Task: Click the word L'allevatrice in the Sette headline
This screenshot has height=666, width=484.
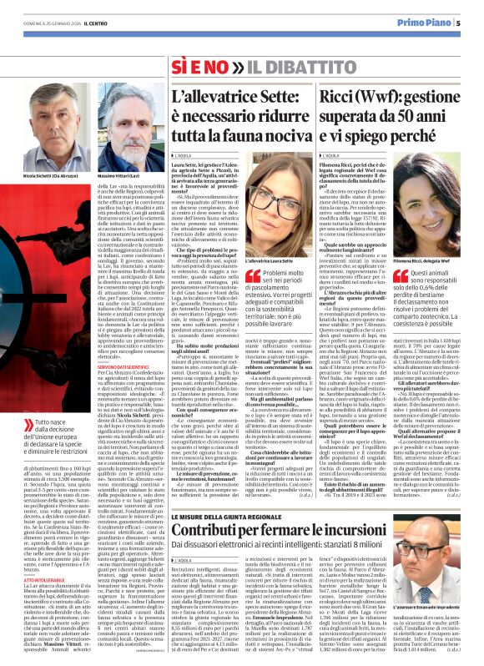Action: pyautogui.click(x=198, y=97)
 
